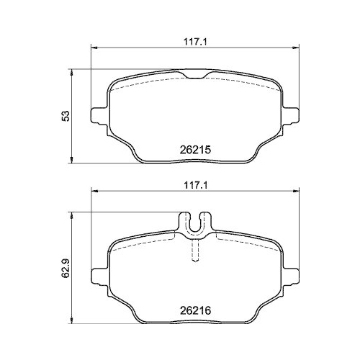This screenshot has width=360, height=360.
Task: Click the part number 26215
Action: (x=194, y=150)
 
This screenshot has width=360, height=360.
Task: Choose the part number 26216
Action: (x=194, y=312)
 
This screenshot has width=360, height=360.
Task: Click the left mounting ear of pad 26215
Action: (x=96, y=114)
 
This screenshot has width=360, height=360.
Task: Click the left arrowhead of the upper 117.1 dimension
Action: (x=92, y=48)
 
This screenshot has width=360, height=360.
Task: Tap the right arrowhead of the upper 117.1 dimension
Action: (x=297, y=48)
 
